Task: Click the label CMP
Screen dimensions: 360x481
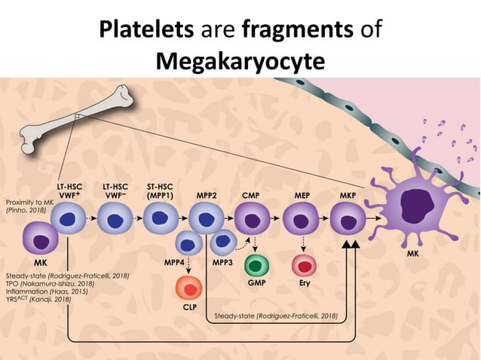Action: [x=251, y=194]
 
